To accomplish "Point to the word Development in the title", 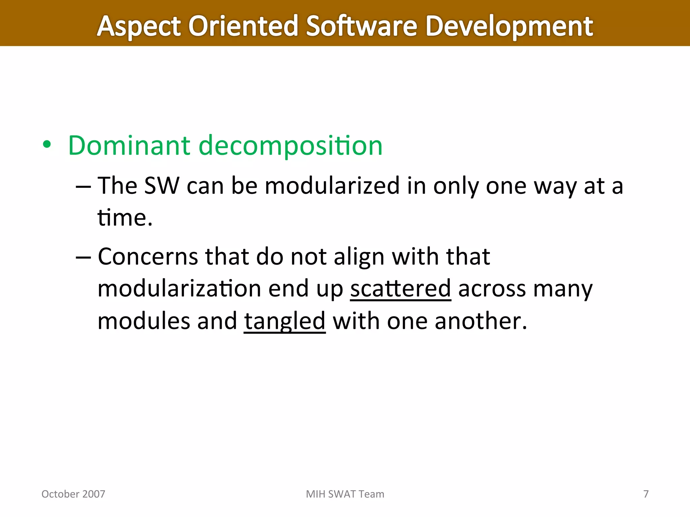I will pos(509,27).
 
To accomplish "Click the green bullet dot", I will pos(47,145).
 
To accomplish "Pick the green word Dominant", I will pos(129,145).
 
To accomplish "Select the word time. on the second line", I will pos(125,217).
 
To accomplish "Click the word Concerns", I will pos(148,257).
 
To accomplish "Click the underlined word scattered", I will pos(400,289).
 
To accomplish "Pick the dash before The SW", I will pos(83,186).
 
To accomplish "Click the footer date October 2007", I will pos(73,494).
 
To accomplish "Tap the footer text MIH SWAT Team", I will pos(345,494).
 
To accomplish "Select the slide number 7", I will pos(646,494).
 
